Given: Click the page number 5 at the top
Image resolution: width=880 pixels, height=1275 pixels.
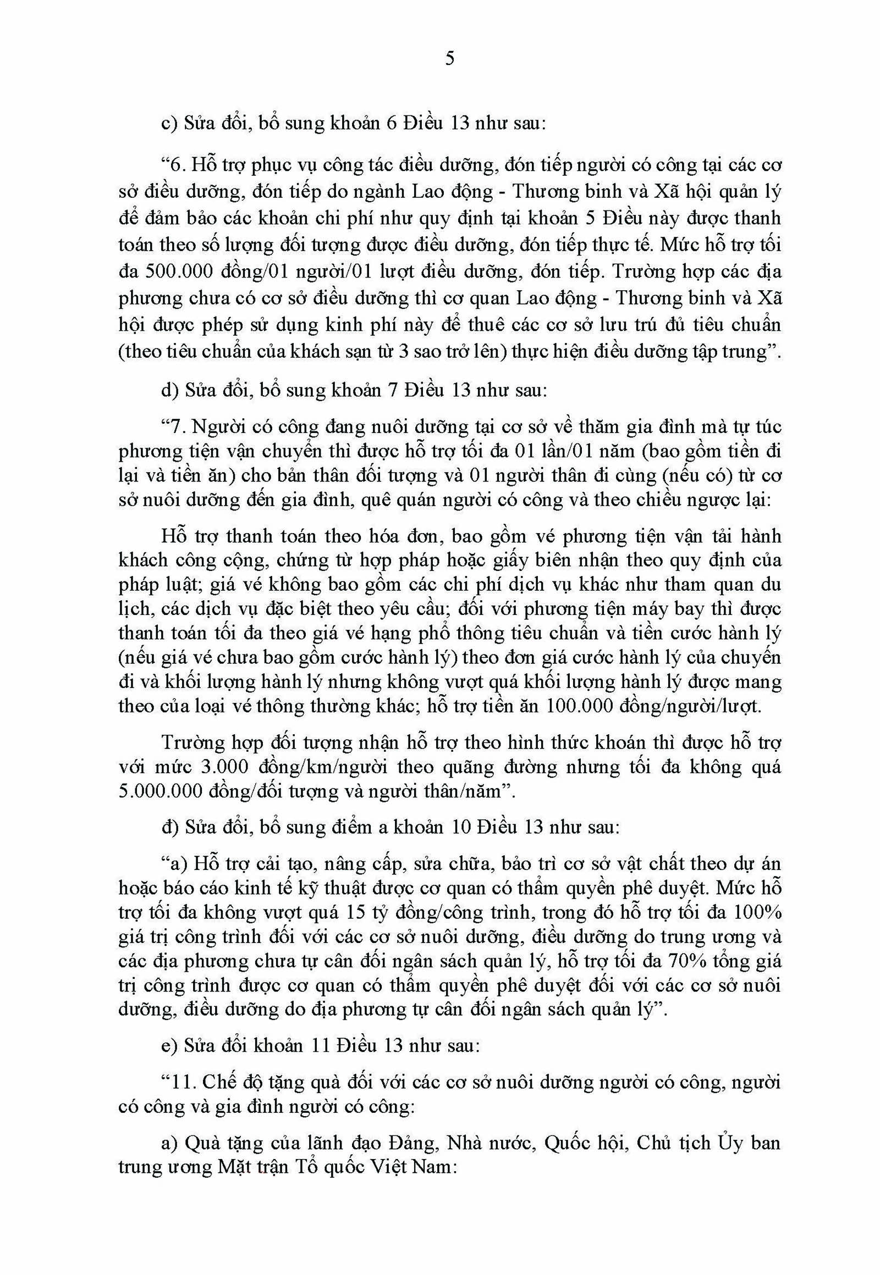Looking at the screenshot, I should pos(449,58).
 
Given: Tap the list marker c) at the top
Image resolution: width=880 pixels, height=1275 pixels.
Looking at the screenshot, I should pos(168,124).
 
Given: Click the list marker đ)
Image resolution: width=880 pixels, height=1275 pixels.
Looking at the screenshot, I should pos(169,827).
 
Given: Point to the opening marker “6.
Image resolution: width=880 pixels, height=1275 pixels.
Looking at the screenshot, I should pos(172,165).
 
